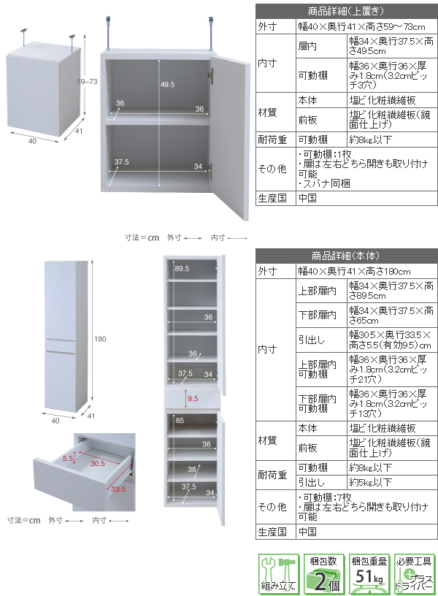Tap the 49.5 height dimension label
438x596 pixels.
168,85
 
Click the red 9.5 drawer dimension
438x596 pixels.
193,399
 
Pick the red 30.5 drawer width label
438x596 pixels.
97,463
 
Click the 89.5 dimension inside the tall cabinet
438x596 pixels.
182,270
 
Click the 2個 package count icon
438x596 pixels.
321,575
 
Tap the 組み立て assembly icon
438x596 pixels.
277,575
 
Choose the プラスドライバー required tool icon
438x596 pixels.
414,575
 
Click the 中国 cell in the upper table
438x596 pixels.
307,198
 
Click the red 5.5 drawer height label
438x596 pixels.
68,458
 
